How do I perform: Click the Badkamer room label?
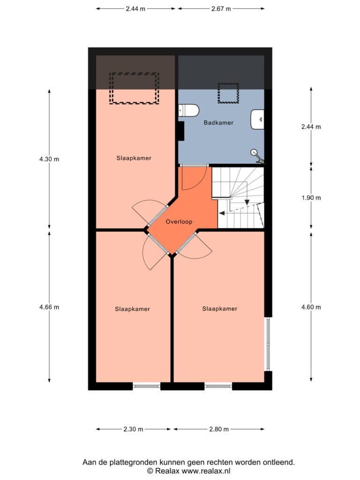coord(218,123)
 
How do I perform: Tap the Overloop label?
coord(179,222)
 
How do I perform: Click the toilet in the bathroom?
coord(189,111)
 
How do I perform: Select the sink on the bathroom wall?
coord(257,120)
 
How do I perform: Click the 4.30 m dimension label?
coord(49,159)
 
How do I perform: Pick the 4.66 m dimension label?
coord(49,307)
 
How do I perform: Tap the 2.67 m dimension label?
coord(221,9)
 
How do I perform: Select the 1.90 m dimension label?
coord(311,198)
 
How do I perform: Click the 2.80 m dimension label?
coord(219,429)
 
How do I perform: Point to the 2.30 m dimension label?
coord(133,429)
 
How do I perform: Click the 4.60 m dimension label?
coord(311,307)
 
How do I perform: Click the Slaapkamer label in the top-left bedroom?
coord(134,158)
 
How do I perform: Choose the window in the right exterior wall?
coord(268,344)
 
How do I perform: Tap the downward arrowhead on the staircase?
coord(247,202)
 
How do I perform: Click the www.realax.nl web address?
coord(206,471)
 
